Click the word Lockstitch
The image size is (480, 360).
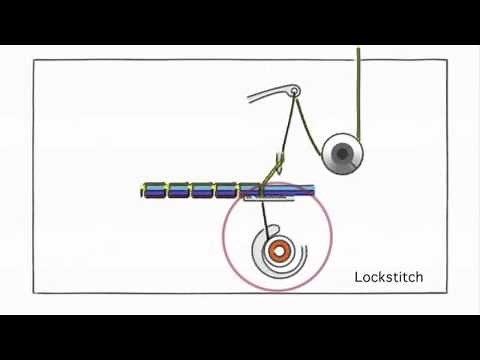[x=389, y=277]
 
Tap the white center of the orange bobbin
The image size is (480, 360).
[x=280, y=252]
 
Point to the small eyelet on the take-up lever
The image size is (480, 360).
[x=294, y=93]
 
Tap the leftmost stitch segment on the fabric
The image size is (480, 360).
[x=154, y=189]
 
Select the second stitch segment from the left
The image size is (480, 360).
[x=179, y=189]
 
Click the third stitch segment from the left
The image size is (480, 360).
[x=203, y=189]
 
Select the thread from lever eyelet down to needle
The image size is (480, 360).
[x=286, y=130]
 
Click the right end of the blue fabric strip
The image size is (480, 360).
[x=311, y=189]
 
